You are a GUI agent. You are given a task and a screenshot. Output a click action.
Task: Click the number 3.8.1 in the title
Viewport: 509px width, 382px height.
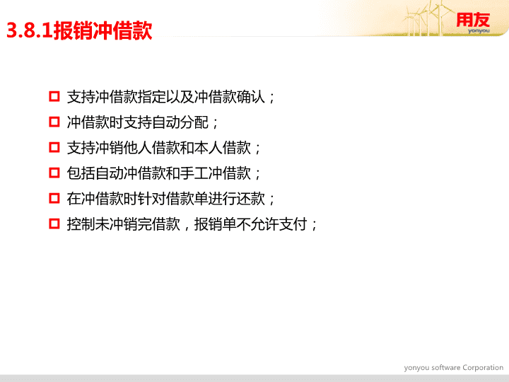click(x=30, y=31)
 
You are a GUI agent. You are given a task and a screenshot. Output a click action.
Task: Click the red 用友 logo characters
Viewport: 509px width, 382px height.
click(x=473, y=20)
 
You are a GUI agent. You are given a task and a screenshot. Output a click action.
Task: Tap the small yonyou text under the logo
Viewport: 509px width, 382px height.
click(x=479, y=31)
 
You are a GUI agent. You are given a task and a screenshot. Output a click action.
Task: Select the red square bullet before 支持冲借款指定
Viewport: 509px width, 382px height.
click(x=54, y=96)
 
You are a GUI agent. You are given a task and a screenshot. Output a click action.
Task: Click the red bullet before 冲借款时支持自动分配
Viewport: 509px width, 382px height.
click(x=54, y=122)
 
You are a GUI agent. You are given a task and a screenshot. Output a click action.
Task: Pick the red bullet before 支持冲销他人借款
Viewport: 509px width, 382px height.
click(x=54, y=147)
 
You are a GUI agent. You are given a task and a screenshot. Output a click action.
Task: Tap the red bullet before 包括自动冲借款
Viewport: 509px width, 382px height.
click(x=54, y=173)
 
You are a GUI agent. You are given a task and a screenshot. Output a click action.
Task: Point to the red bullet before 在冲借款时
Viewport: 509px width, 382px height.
click(x=54, y=198)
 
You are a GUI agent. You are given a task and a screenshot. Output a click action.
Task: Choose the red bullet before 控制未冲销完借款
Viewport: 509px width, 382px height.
click(x=54, y=224)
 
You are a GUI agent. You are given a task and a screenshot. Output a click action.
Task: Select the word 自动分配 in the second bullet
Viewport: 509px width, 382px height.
click(x=180, y=122)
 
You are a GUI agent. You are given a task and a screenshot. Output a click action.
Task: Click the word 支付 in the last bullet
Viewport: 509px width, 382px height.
click(x=293, y=224)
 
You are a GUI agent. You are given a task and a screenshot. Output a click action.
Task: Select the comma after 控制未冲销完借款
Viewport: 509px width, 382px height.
click(x=187, y=228)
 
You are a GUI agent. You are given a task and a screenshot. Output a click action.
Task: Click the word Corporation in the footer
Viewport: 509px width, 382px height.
click(x=483, y=368)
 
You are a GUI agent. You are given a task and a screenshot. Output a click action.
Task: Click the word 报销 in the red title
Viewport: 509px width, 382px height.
click(x=67, y=31)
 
